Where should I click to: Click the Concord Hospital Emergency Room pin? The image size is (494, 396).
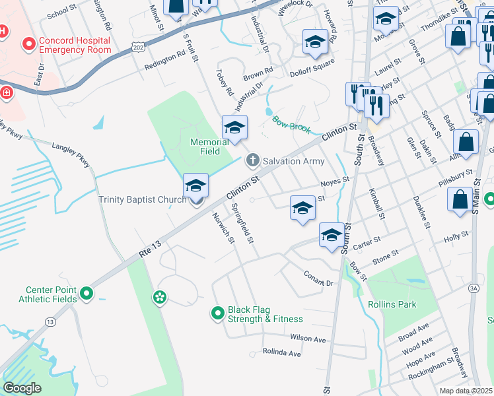(x=29, y=45)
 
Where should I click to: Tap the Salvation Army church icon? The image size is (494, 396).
(x=252, y=160)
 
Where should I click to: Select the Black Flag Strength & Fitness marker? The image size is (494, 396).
(x=217, y=313)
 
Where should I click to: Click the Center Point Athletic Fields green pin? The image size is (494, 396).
(x=86, y=292)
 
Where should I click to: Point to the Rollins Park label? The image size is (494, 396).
(x=392, y=304)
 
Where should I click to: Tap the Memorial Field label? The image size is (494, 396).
(x=205, y=147)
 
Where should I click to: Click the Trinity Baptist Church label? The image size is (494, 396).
(x=142, y=199)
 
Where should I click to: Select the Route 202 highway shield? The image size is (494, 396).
(x=137, y=47)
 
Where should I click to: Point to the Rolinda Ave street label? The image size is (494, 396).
(x=281, y=353)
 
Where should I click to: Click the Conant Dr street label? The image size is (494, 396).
(x=318, y=279)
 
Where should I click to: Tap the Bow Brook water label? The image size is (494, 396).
(x=291, y=124)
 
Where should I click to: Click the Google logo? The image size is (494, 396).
(x=22, y=388)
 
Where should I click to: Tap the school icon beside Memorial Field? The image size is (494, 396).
(x=234, y=128)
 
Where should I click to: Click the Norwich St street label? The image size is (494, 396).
(x=223, y=226)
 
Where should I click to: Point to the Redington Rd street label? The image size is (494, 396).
(x=164, y=59)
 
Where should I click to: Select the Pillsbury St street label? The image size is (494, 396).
(x=456, y=178)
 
